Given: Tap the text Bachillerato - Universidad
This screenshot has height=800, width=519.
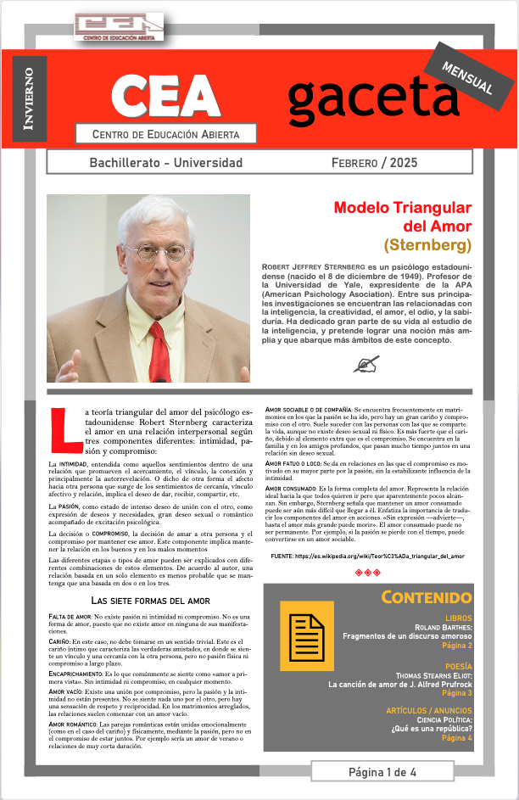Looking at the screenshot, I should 165,162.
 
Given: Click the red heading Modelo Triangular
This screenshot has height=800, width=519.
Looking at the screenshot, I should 402,208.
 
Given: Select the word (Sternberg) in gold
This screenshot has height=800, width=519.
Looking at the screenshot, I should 427,246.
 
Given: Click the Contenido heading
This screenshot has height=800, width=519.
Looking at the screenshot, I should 427,597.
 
